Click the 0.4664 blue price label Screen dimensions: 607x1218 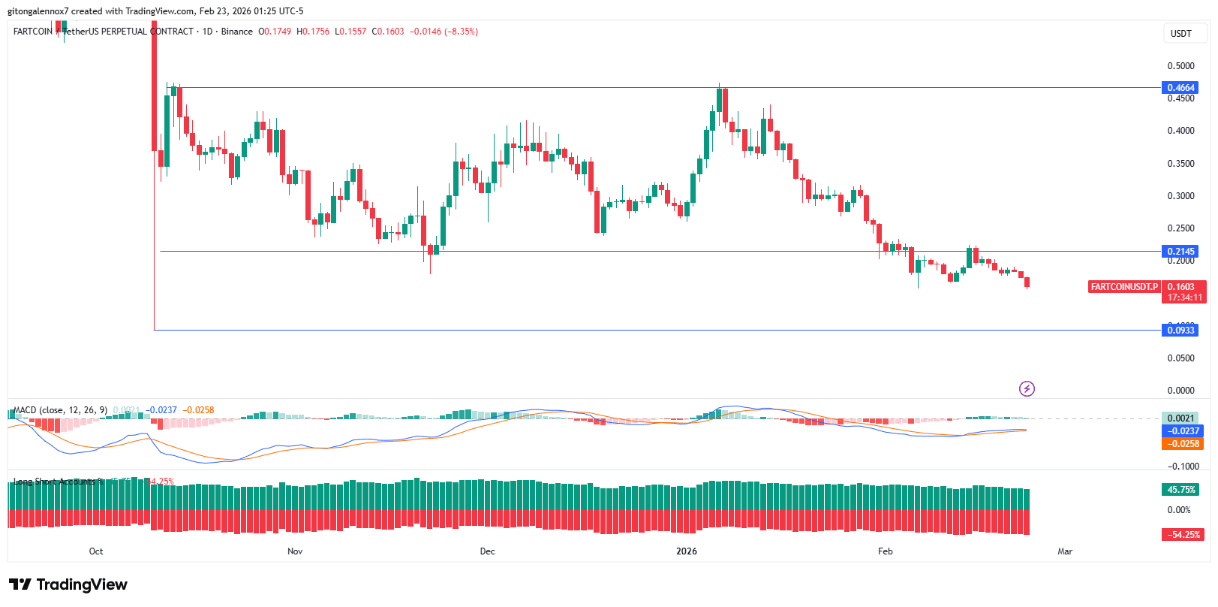tap(1180, 88)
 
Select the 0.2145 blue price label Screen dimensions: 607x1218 tap(1180, 252)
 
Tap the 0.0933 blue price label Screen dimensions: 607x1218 tap(1180, 331)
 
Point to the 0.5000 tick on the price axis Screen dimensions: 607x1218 tap(1180, 66)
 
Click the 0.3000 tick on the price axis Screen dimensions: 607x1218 tap(1180, 196)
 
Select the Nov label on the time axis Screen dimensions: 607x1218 tap(295, 551)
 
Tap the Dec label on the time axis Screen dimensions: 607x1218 tap(488, 551)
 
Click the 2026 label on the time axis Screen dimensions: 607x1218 tap(687, 551)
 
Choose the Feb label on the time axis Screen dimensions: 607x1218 tap(886, 551)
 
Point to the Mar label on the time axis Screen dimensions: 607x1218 tap(1065, 551)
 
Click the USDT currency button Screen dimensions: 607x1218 tap(1181, 33)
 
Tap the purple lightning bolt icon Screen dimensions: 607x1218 tap(1027, 388)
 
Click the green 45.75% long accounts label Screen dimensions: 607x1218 tap(1180, 490)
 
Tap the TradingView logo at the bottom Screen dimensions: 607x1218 tap(68, 584)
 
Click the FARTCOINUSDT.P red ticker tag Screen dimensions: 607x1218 tap(1124, 287)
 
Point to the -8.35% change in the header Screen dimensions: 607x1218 tap(461, 32)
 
